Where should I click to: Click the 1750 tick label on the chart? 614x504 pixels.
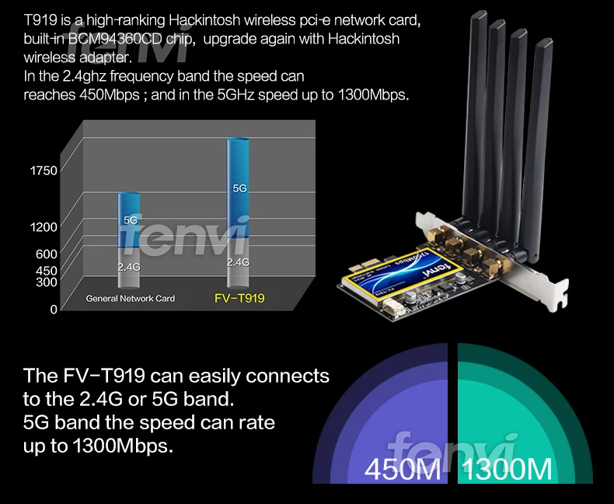(44, 171)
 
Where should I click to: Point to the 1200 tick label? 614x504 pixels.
(44, 227)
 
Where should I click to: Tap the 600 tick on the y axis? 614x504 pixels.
(47, 254)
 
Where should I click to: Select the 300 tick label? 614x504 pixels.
(47, 282)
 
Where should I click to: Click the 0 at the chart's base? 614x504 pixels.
(54, 309)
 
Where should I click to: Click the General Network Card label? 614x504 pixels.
(131, 299)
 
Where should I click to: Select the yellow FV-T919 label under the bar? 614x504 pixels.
(239, 298)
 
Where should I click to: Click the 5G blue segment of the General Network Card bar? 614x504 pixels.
(130, 220)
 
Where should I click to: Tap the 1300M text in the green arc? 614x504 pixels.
(508, 470)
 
